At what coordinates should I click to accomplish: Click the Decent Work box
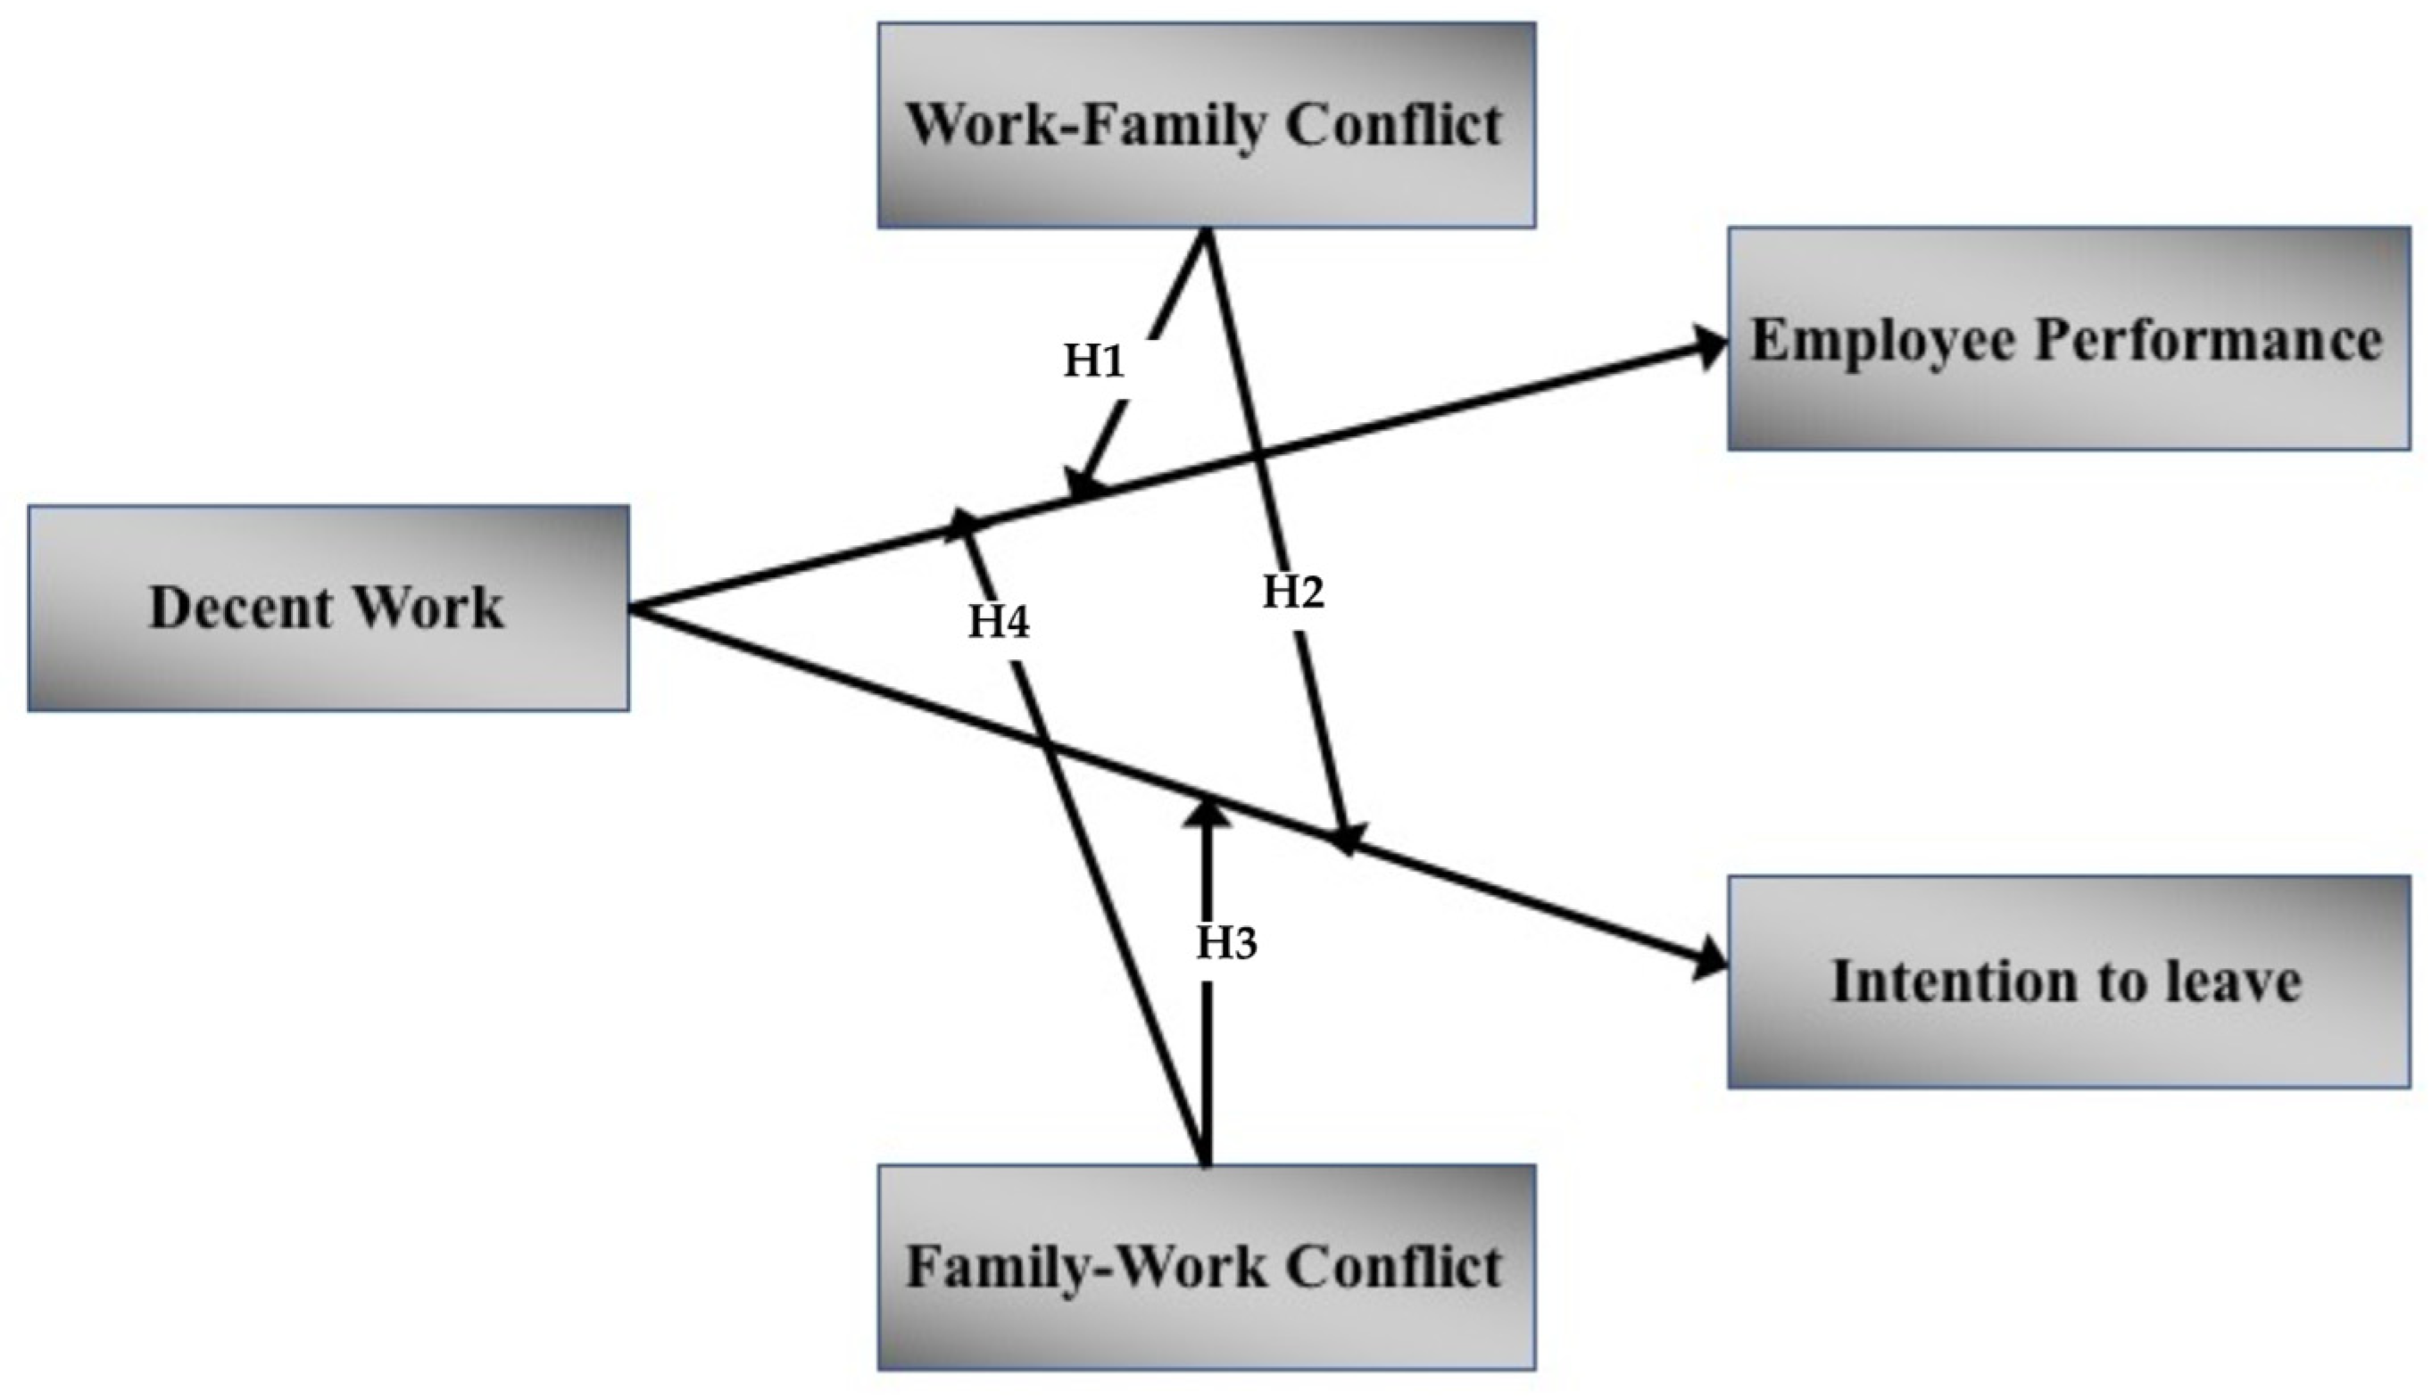(328, 608)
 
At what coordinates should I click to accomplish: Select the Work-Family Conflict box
(1206, 126)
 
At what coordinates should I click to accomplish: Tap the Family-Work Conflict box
(1206, 1267)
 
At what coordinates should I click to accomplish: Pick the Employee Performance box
(2068, 339)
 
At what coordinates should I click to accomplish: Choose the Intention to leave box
(2068, 981)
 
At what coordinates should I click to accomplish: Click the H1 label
(1093, 361)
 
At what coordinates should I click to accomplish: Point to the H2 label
(1293, 592)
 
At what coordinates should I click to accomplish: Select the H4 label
(999, 622)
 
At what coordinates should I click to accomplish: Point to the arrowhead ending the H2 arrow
(1345, 836)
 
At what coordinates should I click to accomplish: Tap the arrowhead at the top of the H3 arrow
(1207, 814)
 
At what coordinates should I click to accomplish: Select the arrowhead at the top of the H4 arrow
(962, 525)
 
